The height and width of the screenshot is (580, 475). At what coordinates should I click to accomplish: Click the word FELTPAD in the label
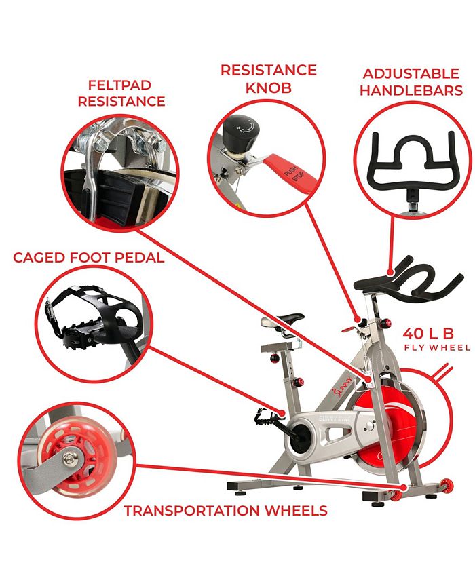tap(119, 85)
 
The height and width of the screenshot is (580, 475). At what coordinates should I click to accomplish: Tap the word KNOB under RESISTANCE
tap(268, 88)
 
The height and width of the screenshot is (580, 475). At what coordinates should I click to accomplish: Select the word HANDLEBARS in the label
tap(411, 91)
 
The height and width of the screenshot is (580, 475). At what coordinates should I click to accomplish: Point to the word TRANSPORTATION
tap(191, 510)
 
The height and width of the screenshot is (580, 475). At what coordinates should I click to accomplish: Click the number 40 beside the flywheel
tap(413, 334)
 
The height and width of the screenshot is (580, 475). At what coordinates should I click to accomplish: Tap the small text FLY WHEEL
tap(437, 348)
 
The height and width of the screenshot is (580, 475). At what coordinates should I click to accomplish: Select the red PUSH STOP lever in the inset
tap(294, 172)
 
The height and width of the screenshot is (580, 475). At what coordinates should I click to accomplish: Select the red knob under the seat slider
tap(275, 358)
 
